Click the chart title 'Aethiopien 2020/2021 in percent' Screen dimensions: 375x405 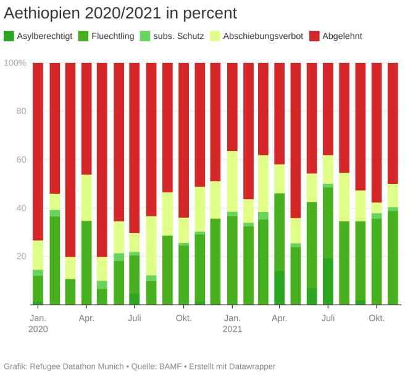click(120, 13)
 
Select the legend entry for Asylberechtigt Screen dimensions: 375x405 click(43, 36)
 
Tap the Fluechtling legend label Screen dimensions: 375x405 click(112, 36)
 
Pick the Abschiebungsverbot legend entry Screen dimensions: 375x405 click(263, 36)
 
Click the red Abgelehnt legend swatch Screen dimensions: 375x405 click(314, 36)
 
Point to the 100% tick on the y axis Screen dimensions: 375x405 click(15, 63)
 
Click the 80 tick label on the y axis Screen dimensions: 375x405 click(21, 112)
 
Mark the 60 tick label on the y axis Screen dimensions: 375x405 click(21, 160)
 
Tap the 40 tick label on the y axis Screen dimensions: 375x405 click(21, 208)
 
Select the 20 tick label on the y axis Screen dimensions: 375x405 click(21, 256)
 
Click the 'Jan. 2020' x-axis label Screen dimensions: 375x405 click(38, 323)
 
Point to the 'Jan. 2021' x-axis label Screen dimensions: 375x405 click(232, 323)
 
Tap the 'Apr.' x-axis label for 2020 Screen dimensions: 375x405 click(86, 318)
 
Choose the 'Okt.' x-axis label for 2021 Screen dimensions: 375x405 click(377, 318)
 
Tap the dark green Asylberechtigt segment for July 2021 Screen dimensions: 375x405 click(328, 281)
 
